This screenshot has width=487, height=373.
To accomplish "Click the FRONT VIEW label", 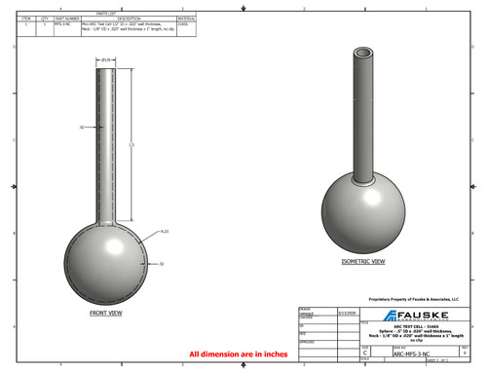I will (x=105, y=313).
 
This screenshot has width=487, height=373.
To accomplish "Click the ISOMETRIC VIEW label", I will (x=362, y=263).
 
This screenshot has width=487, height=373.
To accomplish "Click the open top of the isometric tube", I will (x=365, y=53).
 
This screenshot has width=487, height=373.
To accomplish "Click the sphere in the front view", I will (x=106, y=257).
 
